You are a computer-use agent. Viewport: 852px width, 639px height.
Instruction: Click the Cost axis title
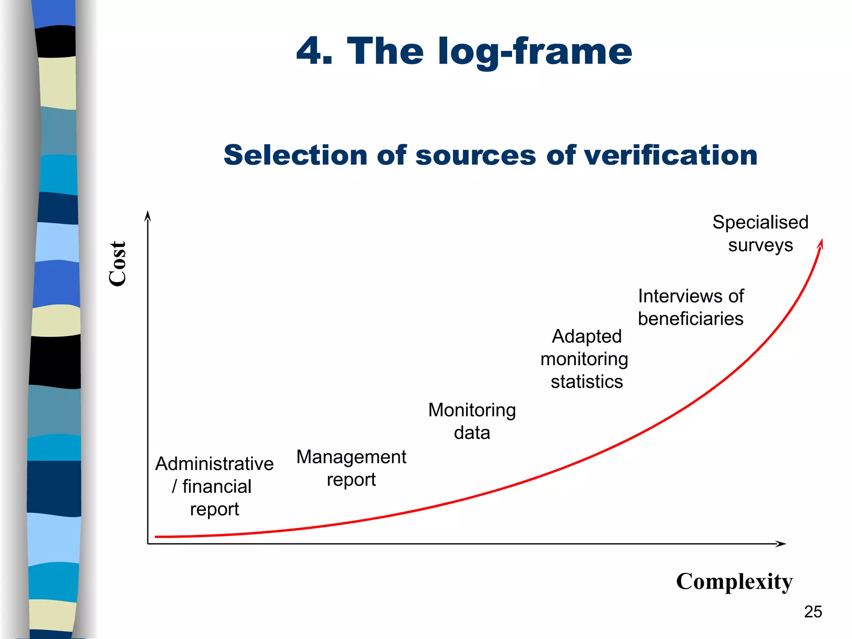[x=117, y=264]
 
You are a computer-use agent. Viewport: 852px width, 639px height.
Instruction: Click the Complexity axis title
[x=734, y=582]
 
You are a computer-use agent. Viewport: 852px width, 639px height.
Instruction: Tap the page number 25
[x=812, y=612]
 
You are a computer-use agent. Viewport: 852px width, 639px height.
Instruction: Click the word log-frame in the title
[x=535, y=52]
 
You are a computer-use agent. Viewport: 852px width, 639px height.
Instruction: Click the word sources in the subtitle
[x=476, y=155]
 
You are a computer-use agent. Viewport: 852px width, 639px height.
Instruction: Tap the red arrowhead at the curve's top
[x=821, y=243]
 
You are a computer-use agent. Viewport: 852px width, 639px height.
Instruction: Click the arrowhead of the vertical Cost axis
[x=147, y=215]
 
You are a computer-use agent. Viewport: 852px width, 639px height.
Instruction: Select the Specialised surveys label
[x=760, y=234]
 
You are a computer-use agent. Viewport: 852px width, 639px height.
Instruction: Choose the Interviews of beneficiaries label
[x=691, y=307]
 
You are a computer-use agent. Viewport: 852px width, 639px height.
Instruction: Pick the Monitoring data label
[x=472, y=421]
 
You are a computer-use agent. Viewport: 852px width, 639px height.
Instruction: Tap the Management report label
[x=351, y=468]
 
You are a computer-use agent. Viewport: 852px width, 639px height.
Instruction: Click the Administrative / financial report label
[x=214, y=486]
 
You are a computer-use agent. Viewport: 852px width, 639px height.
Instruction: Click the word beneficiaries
[x=691, y=319]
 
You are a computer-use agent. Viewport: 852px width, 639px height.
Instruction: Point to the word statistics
[x=587, y=382]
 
